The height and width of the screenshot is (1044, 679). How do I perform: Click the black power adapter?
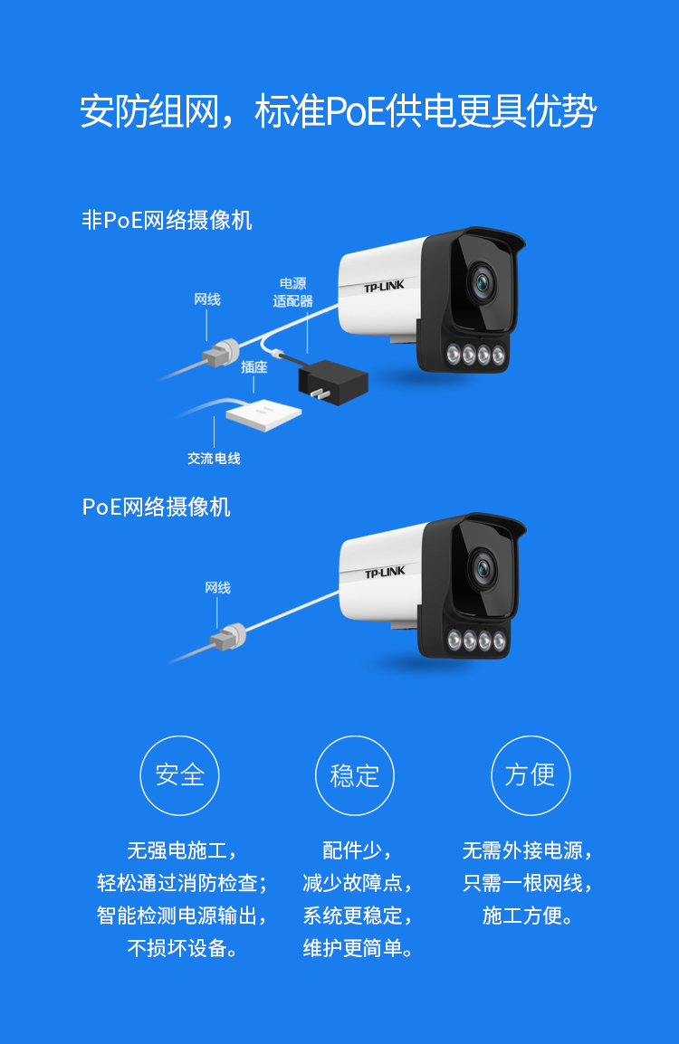coord(332,382)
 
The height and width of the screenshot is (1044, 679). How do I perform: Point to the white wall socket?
coord(263,415)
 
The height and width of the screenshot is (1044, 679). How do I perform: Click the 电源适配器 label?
coord(292,292)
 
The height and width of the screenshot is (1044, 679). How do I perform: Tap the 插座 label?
coord(253,367)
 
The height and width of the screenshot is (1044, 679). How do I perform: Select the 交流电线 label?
coord(214,458)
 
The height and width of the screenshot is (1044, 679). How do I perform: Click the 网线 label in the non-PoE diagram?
coord(207,299)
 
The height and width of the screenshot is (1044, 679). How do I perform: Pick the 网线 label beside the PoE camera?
coord(218,587)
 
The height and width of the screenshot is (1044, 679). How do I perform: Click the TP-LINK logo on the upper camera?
coord(384,286)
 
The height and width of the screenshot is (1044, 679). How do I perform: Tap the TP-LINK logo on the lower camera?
coord(385,573)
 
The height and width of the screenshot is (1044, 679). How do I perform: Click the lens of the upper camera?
coord(481,282)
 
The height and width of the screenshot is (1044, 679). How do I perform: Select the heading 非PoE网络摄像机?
coord(167,221)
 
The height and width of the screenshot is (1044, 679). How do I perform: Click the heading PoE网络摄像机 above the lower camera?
coord(156,507)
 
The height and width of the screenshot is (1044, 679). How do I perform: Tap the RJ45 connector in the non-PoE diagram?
coord(221,353)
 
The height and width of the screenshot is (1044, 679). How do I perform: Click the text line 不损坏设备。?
coord(182,947)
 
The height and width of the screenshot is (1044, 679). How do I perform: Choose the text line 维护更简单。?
coord(358,947)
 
